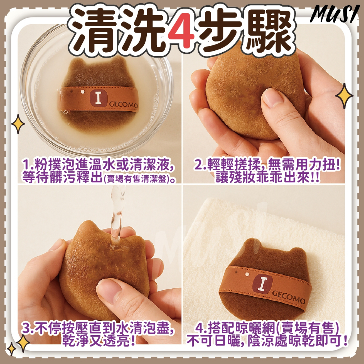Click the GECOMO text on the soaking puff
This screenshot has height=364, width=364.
coord(123,105)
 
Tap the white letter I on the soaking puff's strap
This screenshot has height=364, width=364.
coord(98,98)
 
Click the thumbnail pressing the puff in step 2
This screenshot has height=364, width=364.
coord(272,98)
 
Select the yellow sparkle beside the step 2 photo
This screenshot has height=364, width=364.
coord(344,96)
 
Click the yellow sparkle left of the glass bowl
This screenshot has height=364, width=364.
coord(18,124)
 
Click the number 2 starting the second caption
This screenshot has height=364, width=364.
coord(198,165)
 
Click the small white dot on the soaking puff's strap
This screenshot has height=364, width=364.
coord(82,92)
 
